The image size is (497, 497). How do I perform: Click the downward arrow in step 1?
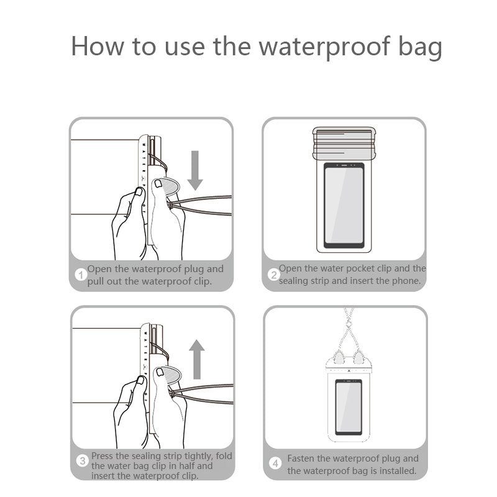[195, 169]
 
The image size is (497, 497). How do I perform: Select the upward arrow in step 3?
[197, 359]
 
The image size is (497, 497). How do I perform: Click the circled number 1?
[80, 275]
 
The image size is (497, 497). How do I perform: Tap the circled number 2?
[273, 275]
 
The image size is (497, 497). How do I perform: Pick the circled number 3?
[83, 460]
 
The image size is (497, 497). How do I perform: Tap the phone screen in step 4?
[348, 406]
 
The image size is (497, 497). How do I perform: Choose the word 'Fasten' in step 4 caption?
[300, 458]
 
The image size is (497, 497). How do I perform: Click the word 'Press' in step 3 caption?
[103, 455]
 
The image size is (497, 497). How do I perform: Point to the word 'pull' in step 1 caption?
[98, 281]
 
